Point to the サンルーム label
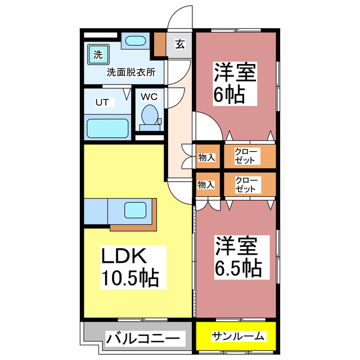[238, 336]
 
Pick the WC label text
[148, 96]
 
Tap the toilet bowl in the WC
[150, 117]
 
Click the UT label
[101, 102]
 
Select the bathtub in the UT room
[109, 129]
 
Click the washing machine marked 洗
[98, 55]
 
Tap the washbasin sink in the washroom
[134, 41]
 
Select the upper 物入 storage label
[206, 157]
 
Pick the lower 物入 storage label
[206, 184]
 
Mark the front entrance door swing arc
[181, 17]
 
